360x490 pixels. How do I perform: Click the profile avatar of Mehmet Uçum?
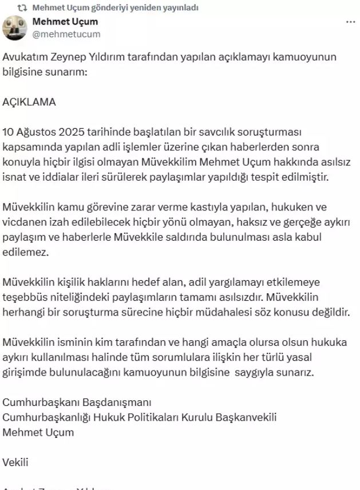[15, 27]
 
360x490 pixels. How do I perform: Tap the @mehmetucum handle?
[66, 34]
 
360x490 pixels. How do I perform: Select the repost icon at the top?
[23, 8]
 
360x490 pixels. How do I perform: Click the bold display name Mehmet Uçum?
[65, 22]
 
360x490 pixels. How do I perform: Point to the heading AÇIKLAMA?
[29, 101]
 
